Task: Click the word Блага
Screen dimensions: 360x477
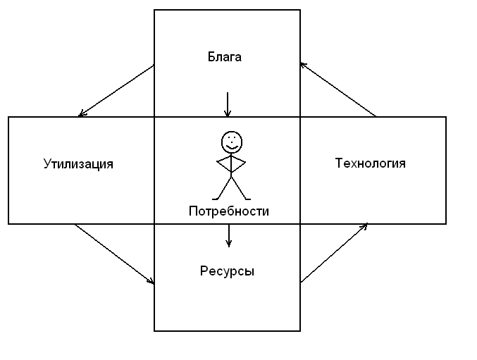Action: coord(225,57)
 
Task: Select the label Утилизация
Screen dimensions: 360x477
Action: coord(78,164)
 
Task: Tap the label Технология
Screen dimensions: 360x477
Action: coord(370,163)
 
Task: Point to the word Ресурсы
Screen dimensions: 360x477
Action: coord(227,271)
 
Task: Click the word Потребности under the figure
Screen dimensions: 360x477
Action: coord(228,211)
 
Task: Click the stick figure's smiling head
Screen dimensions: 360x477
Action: coord(230,142)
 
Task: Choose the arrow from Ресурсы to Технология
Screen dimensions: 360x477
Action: coord(334,253)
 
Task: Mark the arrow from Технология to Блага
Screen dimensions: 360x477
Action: coord(337,89)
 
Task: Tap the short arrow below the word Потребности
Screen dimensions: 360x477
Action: coord(228,235)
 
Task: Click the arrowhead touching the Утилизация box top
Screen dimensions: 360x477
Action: coord(82,114)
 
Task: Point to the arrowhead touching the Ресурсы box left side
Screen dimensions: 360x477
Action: coord(151,282)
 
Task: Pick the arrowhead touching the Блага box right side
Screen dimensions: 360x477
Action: coord(303,65)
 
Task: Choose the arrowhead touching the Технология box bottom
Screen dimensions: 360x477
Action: coord(364,226)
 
